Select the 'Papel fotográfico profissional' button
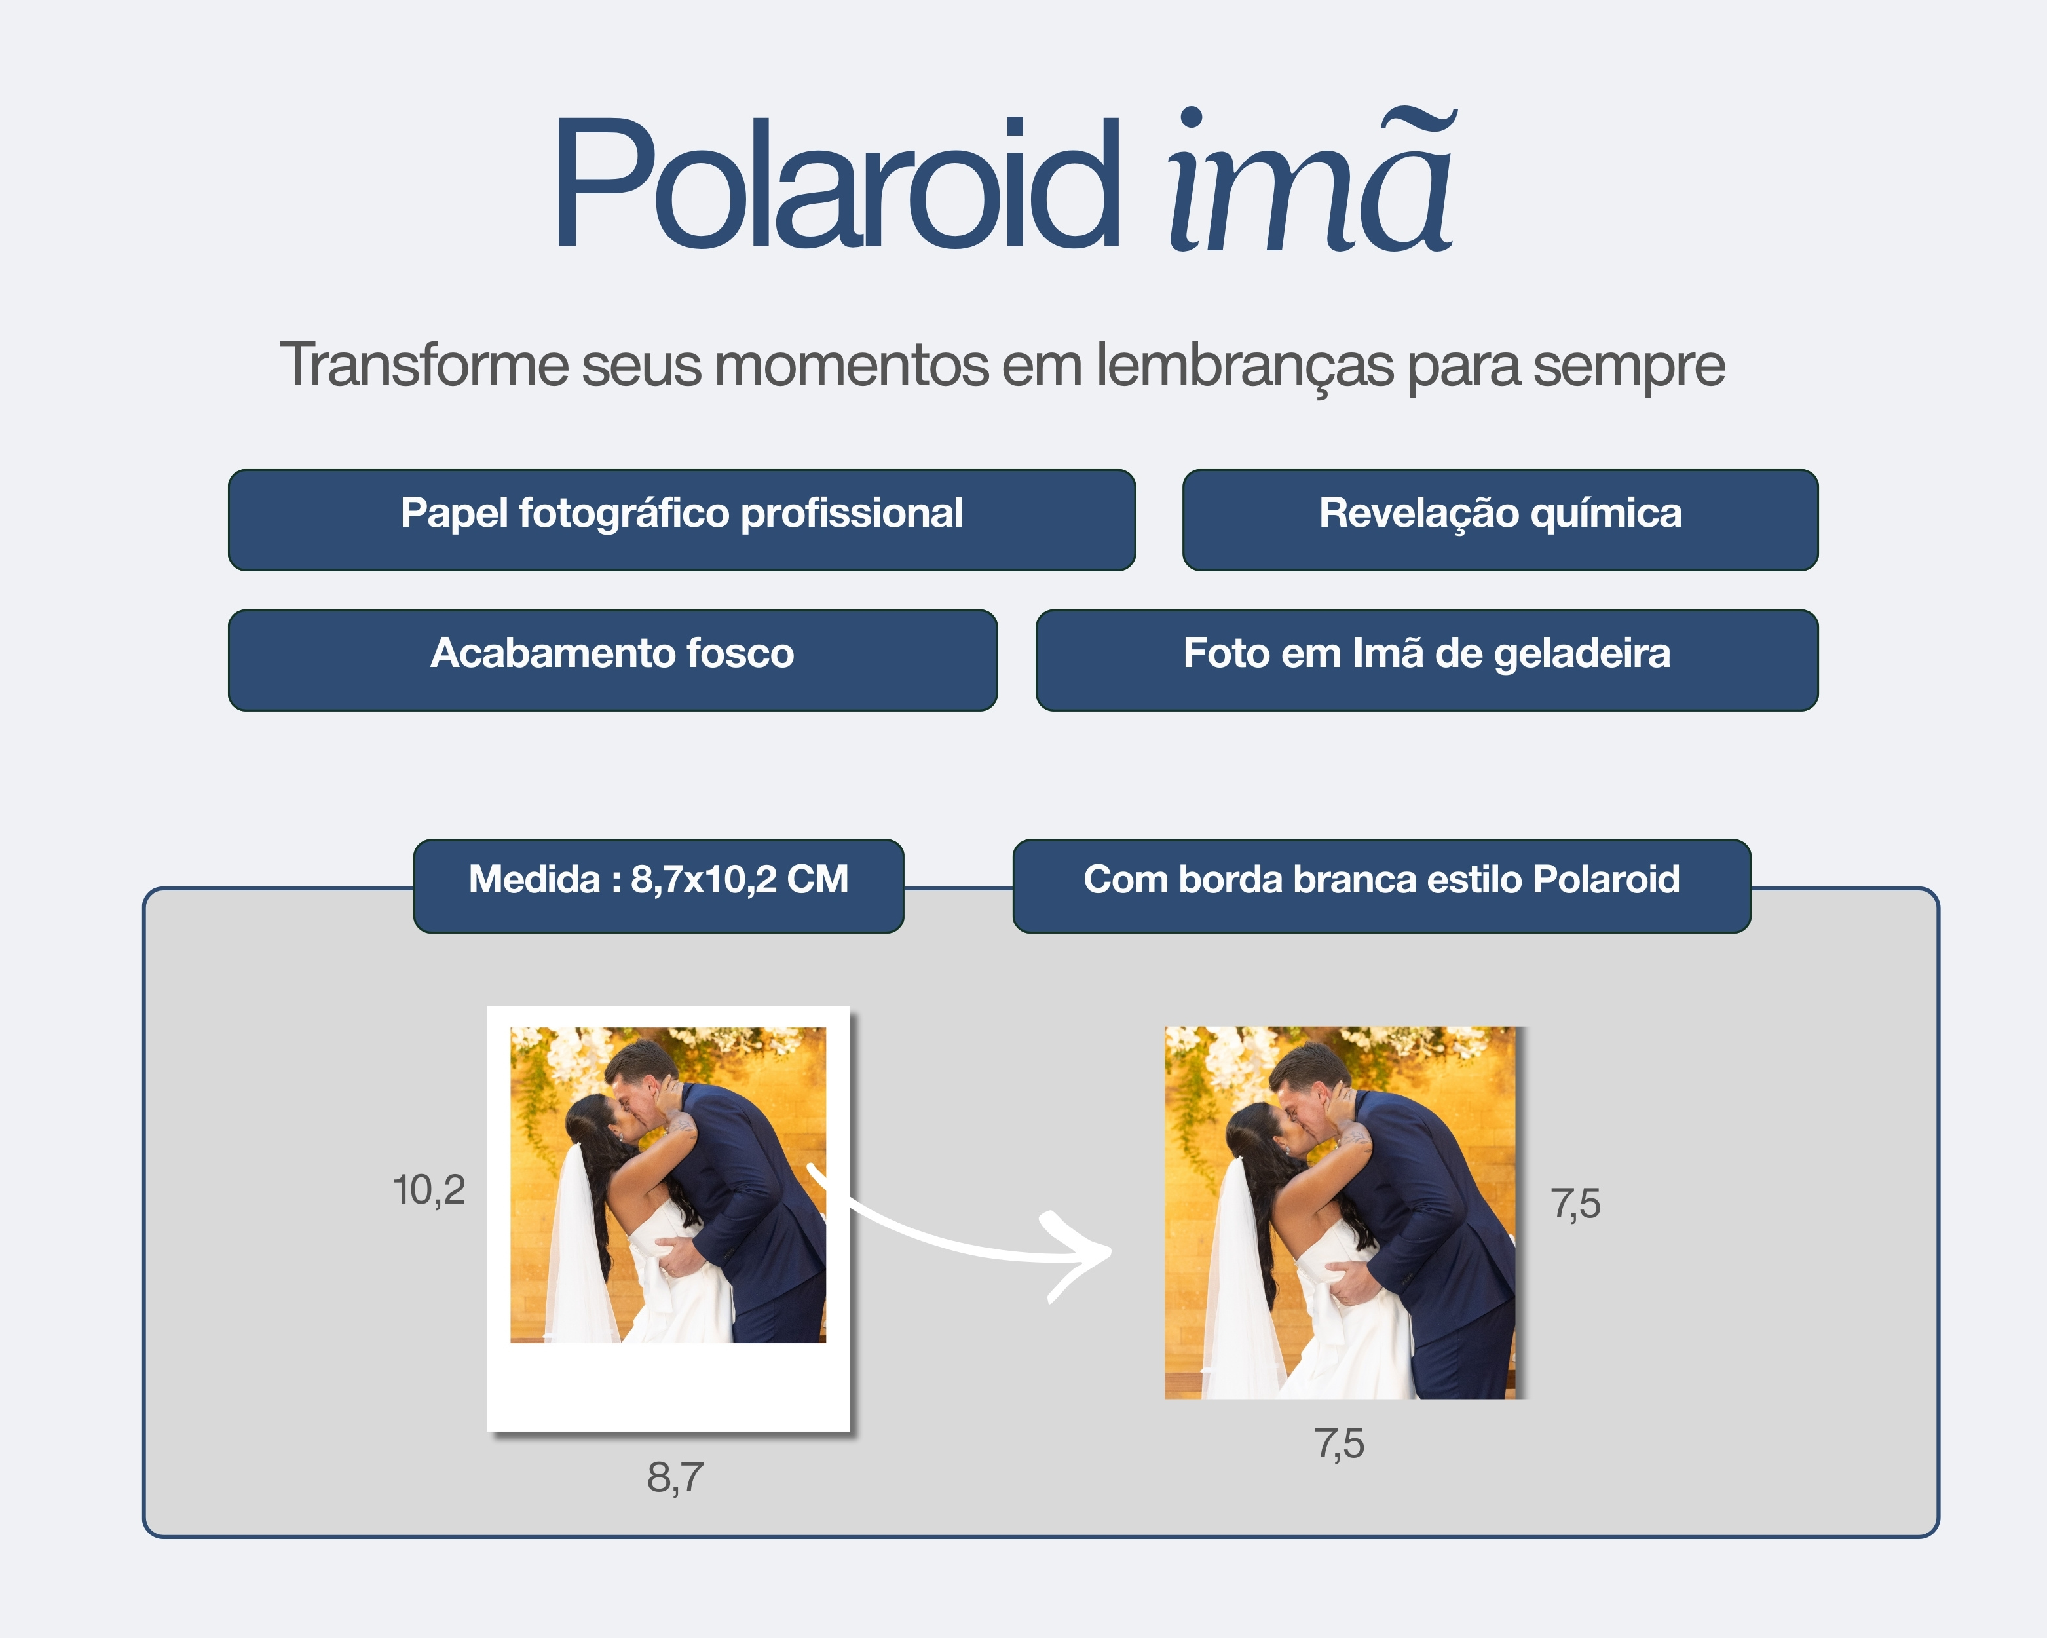(x=682, y=520)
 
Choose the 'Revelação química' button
(x=1500, y=520)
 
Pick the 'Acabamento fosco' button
(x=612, y=660)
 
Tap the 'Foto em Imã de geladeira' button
(x=1427, y=660)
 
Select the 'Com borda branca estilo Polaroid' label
(x=1381, y=886)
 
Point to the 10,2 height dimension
(x=429, y=1190)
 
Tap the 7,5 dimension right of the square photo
(x=1576, y=1204)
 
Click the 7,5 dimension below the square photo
(x=1340, y=1444)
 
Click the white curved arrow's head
(x=1092, y=1254)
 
